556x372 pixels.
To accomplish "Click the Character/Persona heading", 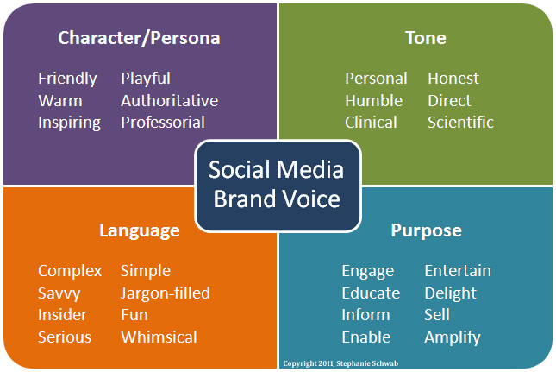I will pyautogui.click(x=139, y=38).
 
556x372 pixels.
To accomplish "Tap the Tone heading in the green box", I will pyautogui.click(x=426, y=38).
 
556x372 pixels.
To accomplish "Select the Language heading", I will pyautogui.click(x=140, y=230).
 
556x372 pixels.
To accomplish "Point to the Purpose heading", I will pyautogui.click(x=426, y=230).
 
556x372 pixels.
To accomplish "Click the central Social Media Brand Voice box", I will pyautogui.click(x=278, y=186).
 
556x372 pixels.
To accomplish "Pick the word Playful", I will pyautogui.click(x=146, y=79).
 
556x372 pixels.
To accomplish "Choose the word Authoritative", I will pyautogui.click(x=169, y=100).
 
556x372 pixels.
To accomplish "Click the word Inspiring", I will pyautogui.click(x=69, y=123).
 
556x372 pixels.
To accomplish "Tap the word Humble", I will pyautogui.click(x=373, y=100).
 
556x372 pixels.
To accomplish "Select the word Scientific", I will pyautogui.click(x=460, y=123).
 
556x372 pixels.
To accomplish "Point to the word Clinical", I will pyautogui.click(x=371, y=123).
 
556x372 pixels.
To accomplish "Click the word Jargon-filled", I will pyautogui.click(x=166, y=293).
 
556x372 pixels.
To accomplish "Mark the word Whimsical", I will pyautogui.click(x=159, y=337).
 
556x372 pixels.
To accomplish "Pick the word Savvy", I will pyautogui.click(x=59, y=293).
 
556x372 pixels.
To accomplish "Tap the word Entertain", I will pyautogui.click(x=458, y=271).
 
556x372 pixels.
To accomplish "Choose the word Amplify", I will pyautogui.click(x=453, y=337).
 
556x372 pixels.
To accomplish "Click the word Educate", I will pyautogui.click(x=371, y=293).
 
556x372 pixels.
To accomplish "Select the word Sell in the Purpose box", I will pyautogui.click(x=437, y=315).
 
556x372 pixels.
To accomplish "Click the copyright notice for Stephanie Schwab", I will pyautogui.click(x=334, y=363).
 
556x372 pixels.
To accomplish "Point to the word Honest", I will pyautogui.click(x=453, y=79).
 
